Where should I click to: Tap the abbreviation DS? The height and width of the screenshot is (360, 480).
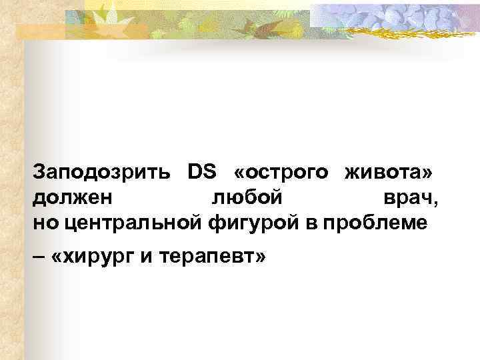click(199, 173)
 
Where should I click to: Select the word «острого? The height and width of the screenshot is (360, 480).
click(281, 173)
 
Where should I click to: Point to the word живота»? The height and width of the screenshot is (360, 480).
click(391, 173)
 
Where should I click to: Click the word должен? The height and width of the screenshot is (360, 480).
click(73, 198)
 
